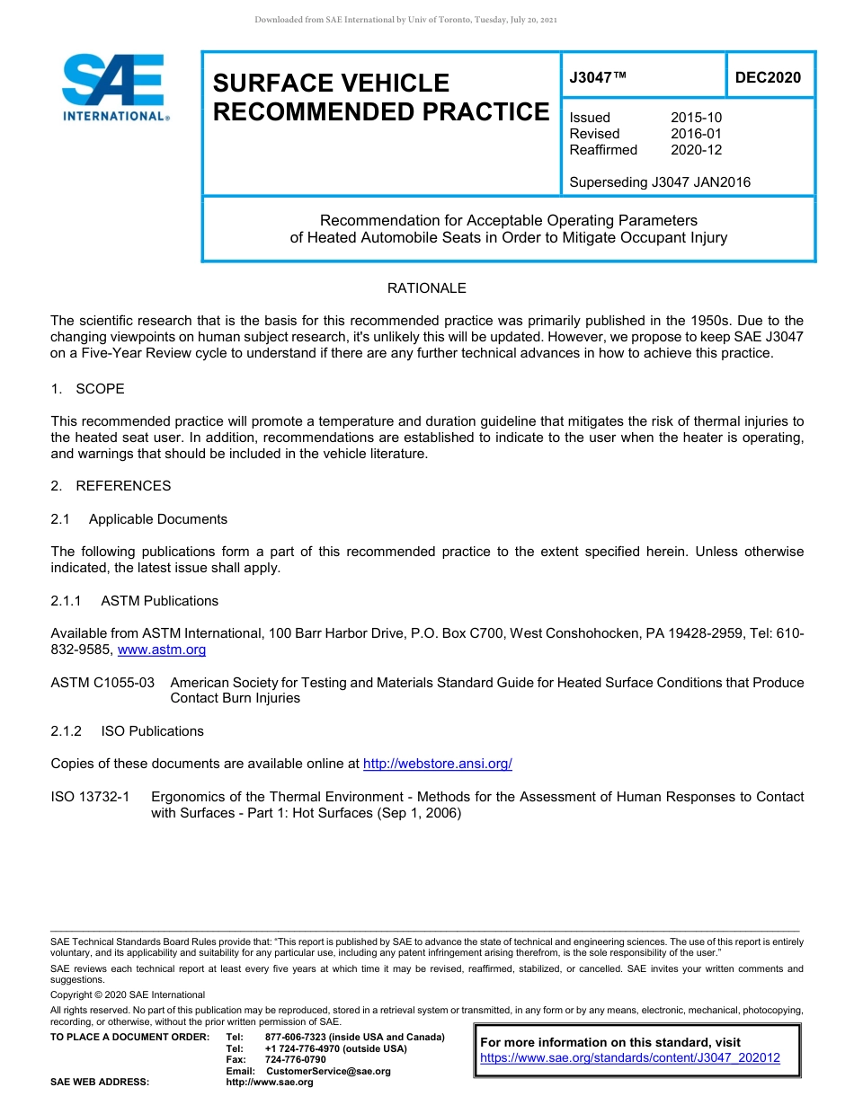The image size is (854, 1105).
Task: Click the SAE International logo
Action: point(113,87)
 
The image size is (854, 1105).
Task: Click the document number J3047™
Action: point(598,78)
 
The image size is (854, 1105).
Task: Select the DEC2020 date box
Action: point(768,78)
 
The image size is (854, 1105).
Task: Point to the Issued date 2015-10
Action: point(696,118)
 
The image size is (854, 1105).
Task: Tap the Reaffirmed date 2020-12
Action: point(696,150)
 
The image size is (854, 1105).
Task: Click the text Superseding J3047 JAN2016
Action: point(660,182)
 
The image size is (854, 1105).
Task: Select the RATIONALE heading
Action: point(426,288)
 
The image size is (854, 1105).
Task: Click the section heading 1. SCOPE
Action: point(87,389)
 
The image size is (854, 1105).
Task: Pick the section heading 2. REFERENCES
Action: point(111,486)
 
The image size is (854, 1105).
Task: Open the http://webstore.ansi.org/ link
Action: point(437,764)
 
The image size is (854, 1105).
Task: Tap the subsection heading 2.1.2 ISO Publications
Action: point(127,731)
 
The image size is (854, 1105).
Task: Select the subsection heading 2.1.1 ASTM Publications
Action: point(134,601)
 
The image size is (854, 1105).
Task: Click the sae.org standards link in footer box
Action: point(630,1058)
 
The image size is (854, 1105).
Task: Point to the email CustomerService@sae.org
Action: point(328,1071)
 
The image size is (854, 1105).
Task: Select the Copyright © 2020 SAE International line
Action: point(128,994)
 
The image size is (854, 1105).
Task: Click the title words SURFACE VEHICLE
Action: point(331,84)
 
